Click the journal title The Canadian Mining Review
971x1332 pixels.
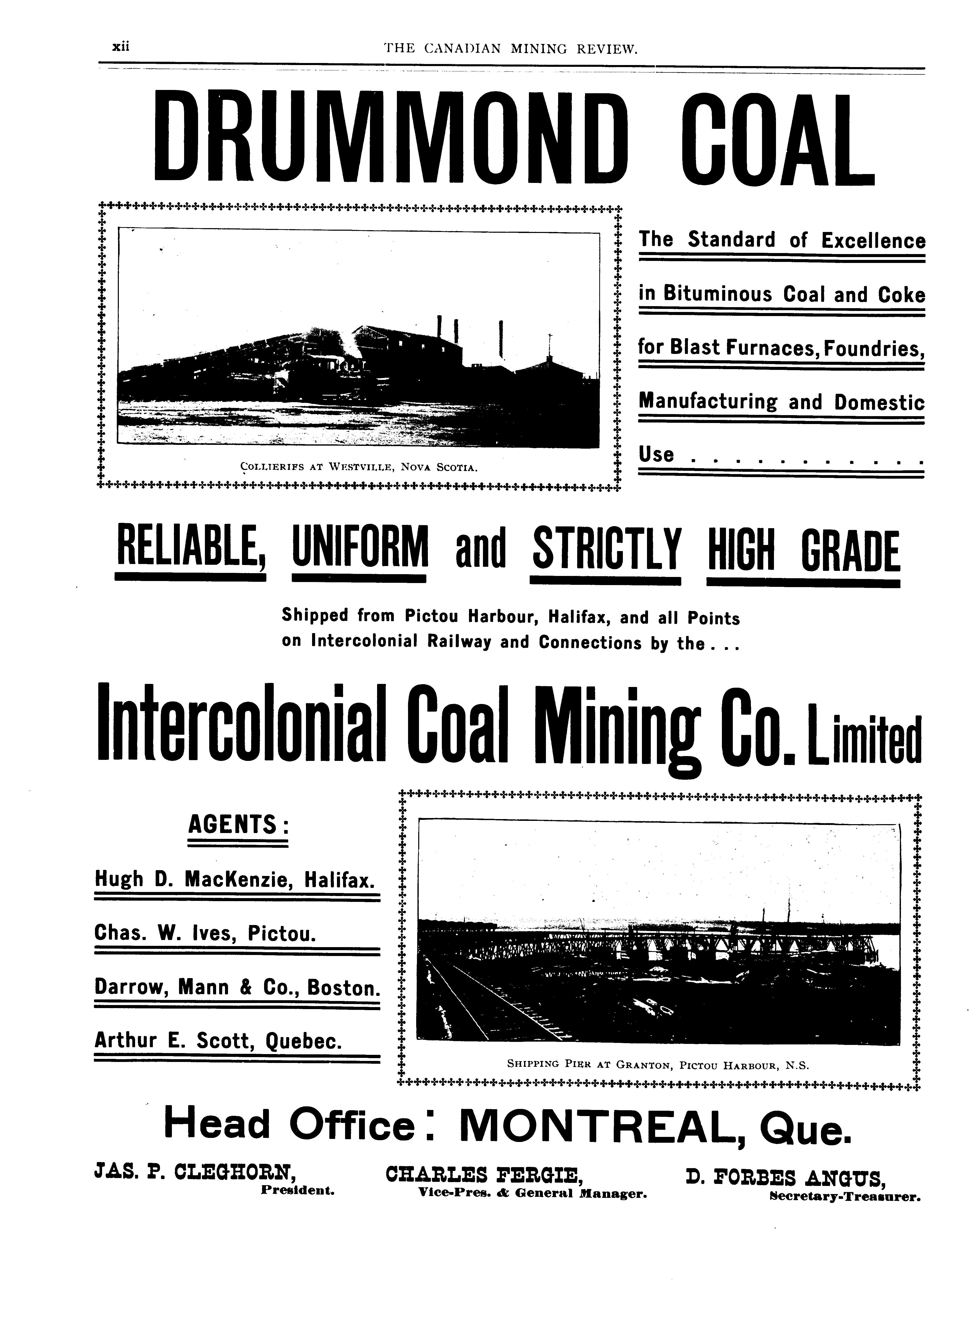coord(510,48)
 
